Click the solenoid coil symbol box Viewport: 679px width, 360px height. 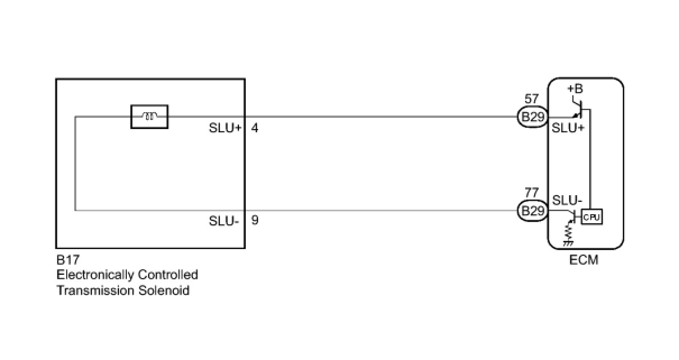coord(149,117)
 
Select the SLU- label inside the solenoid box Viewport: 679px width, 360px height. coord(224,220)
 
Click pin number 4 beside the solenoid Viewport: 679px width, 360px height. coord(255,128)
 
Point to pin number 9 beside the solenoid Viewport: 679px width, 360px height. coord(255,220)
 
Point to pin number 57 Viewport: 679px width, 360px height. coord(531,100)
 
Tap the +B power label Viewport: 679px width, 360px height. coord(575,89)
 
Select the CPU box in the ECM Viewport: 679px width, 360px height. coord(591,216)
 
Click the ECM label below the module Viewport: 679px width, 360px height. coord(585,260)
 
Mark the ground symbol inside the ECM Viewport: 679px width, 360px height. coord(568,243)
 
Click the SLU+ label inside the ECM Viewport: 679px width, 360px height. coord(568,128)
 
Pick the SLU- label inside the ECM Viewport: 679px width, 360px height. coord(567,200)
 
